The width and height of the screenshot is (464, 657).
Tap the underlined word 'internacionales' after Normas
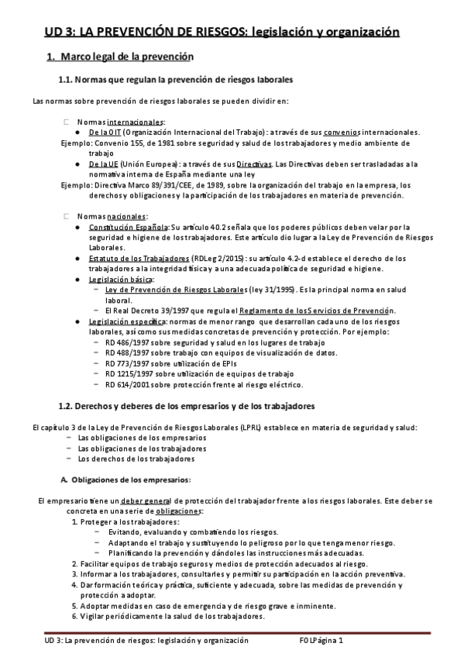[x=136, y=122]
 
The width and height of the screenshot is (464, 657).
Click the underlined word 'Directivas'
[x=254, y=164]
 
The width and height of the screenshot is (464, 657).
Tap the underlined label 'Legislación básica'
[x=121, y=279]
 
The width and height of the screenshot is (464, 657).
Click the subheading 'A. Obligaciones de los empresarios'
[x=125, y=479]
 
